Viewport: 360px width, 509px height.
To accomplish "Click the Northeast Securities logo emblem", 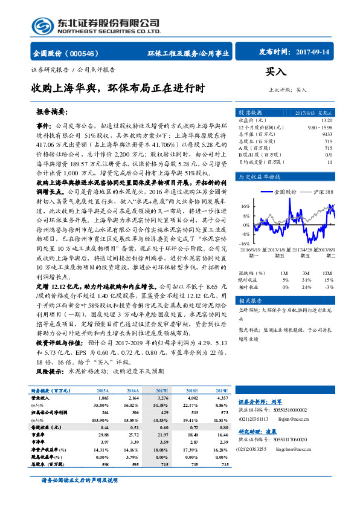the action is (x=43, y=26).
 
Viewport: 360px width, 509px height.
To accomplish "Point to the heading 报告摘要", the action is (x=53, y=112).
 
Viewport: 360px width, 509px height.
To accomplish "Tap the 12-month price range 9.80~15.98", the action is (x=320, y=127).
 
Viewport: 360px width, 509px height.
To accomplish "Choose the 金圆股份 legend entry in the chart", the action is (x=284, y=192).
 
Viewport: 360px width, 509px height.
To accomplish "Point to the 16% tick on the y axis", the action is (x=245, y=206).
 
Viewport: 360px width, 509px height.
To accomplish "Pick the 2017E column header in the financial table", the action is (x=162, y=392).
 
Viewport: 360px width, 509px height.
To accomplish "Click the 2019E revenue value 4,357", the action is (x=221, y=398).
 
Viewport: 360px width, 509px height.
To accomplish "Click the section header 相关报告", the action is (x=249, y=300).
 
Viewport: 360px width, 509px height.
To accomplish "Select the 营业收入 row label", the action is (x=41, y=398).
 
